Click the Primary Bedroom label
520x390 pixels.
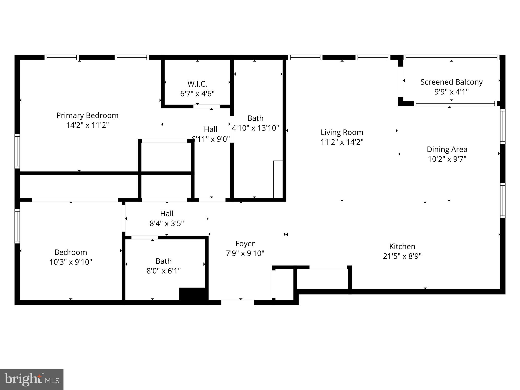87,116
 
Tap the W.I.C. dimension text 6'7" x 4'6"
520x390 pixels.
197,94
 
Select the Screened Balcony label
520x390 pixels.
451,82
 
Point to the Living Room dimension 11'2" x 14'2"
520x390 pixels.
342,142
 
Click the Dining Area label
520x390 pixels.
447,149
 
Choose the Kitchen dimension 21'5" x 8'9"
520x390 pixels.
402,256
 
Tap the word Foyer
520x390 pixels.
245,244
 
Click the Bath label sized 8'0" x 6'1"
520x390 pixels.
164,261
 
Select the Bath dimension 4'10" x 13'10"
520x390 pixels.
255,128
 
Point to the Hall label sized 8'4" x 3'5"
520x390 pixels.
167,214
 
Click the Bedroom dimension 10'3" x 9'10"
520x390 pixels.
71,262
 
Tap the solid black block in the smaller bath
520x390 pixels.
192,294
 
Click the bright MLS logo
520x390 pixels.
32,380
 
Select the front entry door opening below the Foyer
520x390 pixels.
238,302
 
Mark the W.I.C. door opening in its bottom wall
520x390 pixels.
206,106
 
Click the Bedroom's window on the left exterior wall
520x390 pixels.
17,226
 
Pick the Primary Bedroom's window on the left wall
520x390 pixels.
17,151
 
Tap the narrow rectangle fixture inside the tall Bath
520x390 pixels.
278,179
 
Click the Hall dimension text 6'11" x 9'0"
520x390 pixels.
210,139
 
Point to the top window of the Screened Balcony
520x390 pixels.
451,57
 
